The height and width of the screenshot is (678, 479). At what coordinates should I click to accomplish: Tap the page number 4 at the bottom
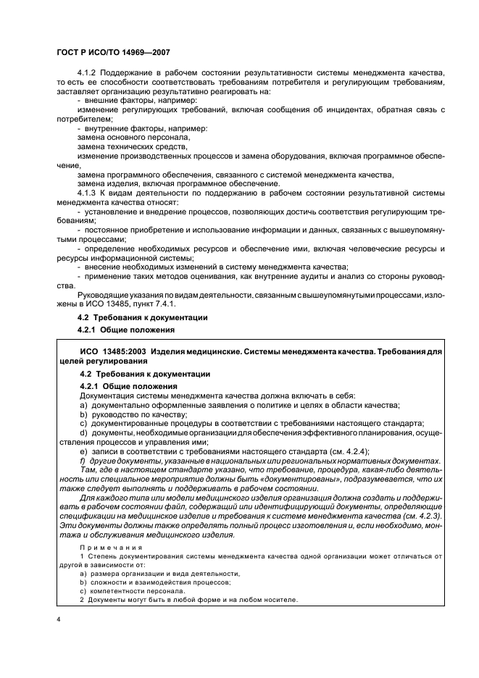click(59, 621)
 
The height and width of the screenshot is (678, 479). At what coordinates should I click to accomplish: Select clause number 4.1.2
click(87, 74)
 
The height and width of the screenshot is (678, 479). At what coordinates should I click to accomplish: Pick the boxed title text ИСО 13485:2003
click(109, 351)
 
